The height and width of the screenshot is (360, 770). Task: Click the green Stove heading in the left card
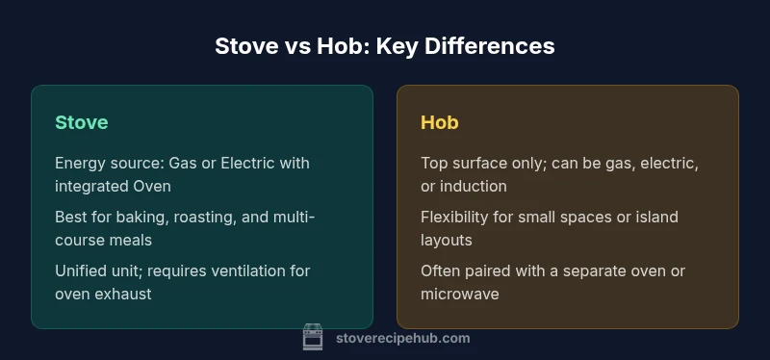[x=81, y=122]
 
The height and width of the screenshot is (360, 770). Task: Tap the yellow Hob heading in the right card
[x=439, y=122]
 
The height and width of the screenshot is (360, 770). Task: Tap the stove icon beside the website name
[x=313, y=337]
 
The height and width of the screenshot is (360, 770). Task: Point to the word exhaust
[x=123, y=294]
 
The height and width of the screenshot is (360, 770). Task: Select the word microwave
[x=460, y=294]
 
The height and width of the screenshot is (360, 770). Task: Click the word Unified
[x=83, y=270]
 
